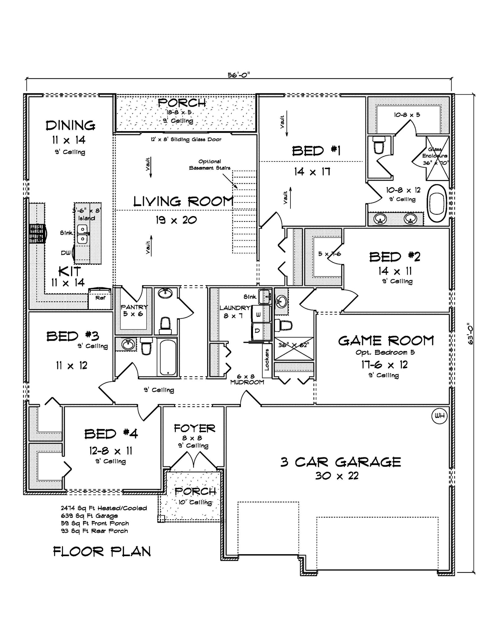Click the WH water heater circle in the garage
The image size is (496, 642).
(x=440, y=416)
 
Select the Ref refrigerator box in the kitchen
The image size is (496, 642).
(x=100, y=298)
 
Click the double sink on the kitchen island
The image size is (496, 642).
(x=82, y=234)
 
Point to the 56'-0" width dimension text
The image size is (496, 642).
(x=239, y=75)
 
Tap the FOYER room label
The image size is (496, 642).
(x=194, y=428)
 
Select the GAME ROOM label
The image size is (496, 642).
(x=386, y=341)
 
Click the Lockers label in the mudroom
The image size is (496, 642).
(x=267, y=360)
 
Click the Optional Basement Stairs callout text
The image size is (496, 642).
(x=210, y=165)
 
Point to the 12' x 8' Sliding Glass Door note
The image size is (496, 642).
(x=186, y=139)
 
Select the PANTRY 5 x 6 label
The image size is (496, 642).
(x=134, y=310)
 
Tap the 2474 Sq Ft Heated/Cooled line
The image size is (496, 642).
(x=104, y=508)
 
